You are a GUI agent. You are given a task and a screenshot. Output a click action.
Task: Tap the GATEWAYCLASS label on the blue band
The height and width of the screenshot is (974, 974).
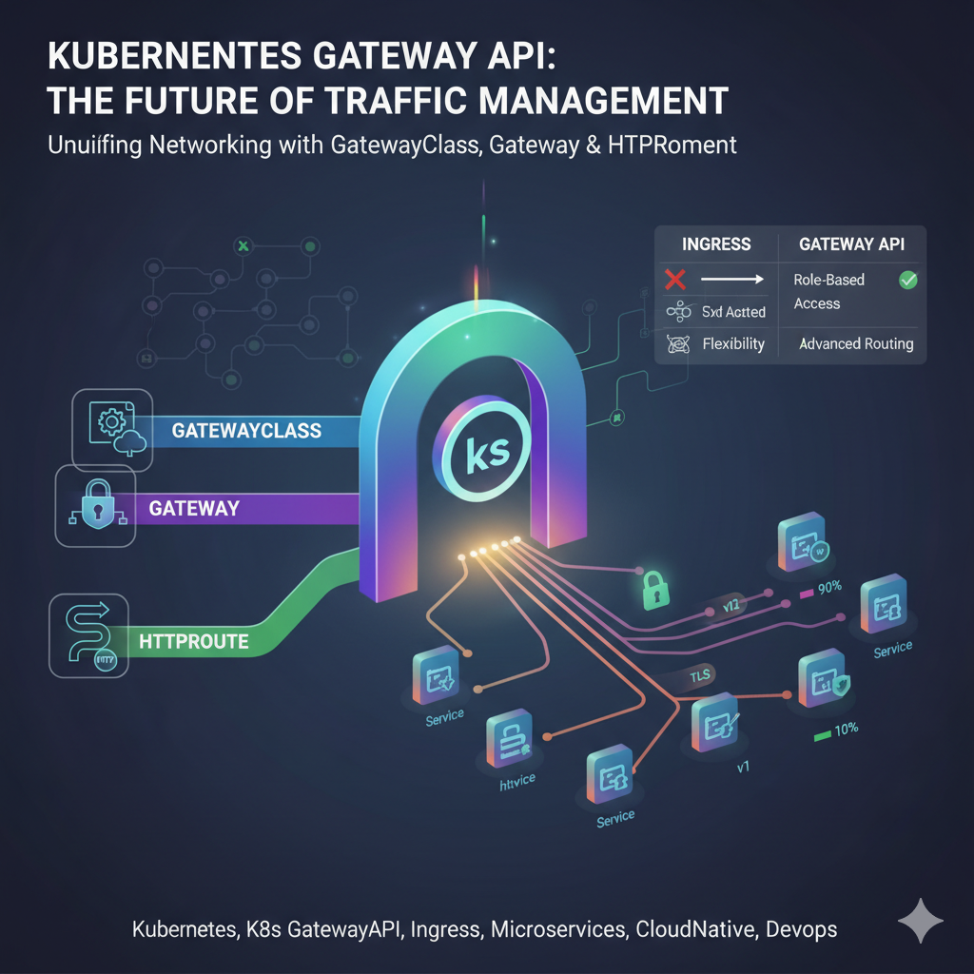[x=246, y=431]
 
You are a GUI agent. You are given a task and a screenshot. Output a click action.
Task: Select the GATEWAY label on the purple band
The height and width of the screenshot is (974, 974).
[x=194, y=508]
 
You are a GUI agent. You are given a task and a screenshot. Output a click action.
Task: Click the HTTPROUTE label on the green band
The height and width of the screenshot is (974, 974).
[x=193, y=641]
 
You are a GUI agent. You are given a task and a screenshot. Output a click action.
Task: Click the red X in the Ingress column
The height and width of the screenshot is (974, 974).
[x=675, y=280]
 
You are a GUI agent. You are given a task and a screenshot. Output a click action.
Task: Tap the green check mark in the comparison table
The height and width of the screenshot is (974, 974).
[x=907, y=280]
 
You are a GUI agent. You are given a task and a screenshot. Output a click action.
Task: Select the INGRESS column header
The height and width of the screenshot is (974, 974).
[x=716, y=244]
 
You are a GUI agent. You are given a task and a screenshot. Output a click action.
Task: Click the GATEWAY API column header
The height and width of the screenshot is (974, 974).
[x=850, y=244]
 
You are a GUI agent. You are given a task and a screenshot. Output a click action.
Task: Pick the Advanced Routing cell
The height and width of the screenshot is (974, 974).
[x=856, y=343]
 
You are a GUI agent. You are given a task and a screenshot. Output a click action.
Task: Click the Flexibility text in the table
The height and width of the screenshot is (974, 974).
[x=733, y=343]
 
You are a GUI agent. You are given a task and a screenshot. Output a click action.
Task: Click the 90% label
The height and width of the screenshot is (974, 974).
[x=828, y=587]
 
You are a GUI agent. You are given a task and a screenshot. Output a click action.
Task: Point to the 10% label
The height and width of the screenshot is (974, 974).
[x=845, y=729]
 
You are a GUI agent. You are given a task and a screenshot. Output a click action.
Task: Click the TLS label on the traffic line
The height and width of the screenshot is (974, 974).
[x=700, y=676]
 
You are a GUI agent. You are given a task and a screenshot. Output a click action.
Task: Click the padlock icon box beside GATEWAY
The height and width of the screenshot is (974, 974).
[x=95, y=505]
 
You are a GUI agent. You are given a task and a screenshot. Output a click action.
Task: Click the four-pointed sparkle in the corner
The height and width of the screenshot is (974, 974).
[x=921, y=920]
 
